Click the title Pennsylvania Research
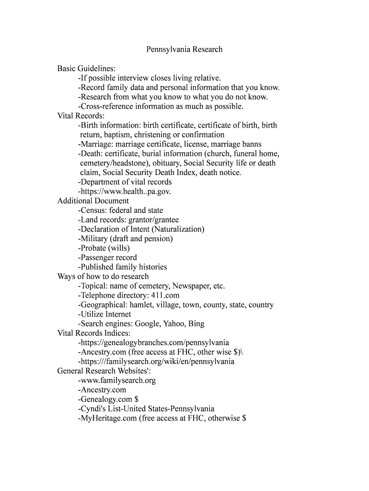184,49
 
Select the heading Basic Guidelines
86,69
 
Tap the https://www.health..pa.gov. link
125,191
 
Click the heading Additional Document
93,201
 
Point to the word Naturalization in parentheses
178,229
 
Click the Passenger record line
107,257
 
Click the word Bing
196,324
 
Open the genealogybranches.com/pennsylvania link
153,342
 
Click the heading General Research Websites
104,371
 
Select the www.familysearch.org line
117,380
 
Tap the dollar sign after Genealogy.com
137,399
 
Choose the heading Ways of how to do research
103,276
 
